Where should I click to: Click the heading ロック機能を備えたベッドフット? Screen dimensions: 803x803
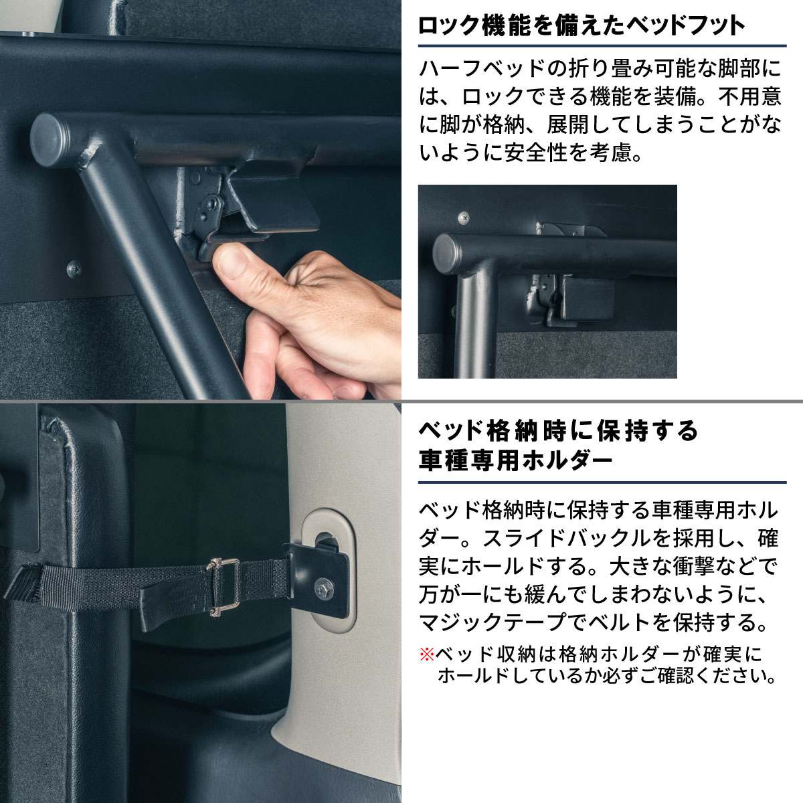click(x=582, y=26)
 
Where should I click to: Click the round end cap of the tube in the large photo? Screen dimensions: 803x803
click(x=49, y=140)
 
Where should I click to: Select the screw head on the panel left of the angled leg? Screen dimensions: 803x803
click(x=74, y=268)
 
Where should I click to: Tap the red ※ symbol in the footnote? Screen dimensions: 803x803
click(x=427, y=654)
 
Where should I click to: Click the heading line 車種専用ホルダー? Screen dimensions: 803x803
click(x=515, y=461)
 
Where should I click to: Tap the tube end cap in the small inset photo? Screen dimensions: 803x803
click(x=445, y=254)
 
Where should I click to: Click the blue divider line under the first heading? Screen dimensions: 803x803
click(x=602, y=46)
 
